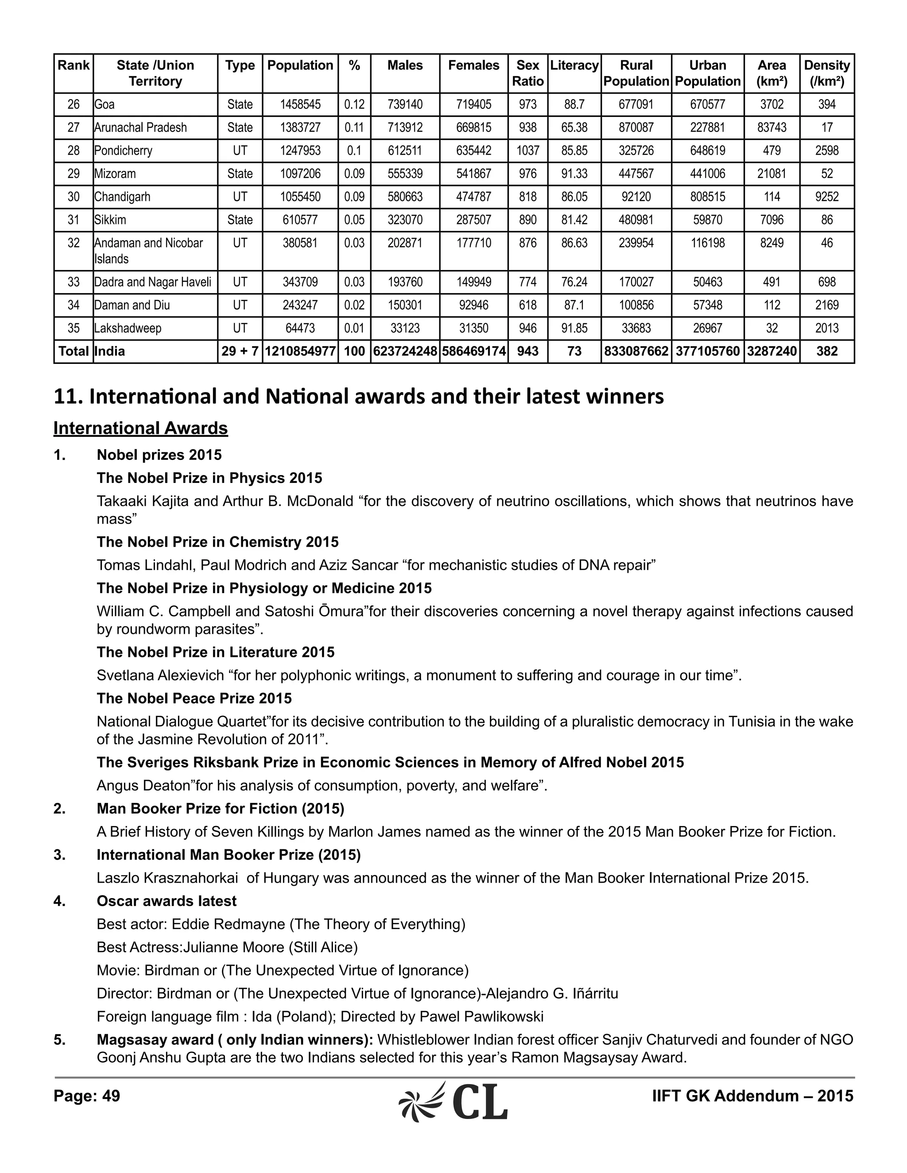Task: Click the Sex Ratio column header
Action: tap(527, 73)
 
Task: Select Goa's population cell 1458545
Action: tap(300, 104)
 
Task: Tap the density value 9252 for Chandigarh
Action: tap(826, 197)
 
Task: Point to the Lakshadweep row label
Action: tap(128, 328)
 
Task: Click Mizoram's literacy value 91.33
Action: tap(574, 174)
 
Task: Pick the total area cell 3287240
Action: tap(771, 351)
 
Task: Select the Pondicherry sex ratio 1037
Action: tap(527, 150)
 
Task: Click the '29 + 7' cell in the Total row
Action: tap(240, 351)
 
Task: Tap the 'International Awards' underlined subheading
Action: tap(141, 428)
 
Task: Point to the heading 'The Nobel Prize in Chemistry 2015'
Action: tap(217, 542)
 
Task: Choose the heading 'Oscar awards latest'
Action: tap(167, 901)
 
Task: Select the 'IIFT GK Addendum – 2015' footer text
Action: tap(752, 1096)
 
